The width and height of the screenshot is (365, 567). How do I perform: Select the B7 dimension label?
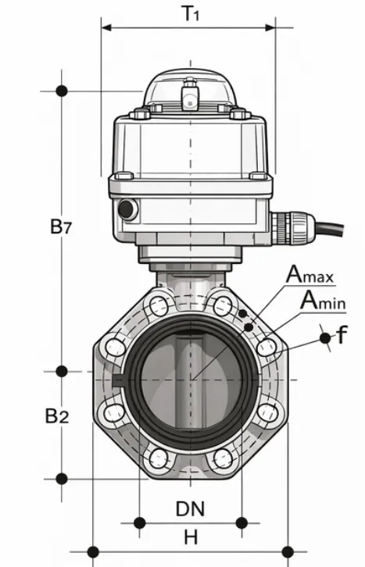pyautogui.click(x=61, y=227)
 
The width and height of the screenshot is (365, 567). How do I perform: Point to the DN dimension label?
pyautogui.click(x=190, y=509)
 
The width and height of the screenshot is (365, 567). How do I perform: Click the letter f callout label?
pyautogui.click(x=341, y=337)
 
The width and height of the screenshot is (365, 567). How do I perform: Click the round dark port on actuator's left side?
pyautogui.click(x=125, y=209)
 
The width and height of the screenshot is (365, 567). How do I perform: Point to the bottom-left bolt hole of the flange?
pyautogui.click(x=159, y=457)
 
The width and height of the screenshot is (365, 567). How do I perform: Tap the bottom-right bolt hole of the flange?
pyautogui.click(x=221, y=457)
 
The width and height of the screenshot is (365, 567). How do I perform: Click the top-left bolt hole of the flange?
pyautogui.click(x=160, y=302)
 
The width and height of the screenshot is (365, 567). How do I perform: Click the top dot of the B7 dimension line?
pyautogui.click(x=61, y=91)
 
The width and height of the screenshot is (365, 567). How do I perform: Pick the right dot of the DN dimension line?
pyautogui.click(x=242, y=522)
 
